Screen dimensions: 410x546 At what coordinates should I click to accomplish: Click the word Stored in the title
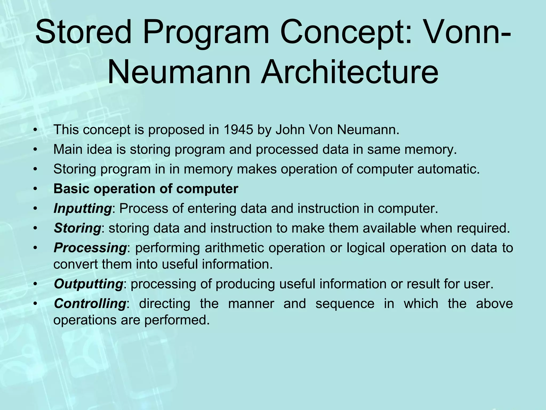point(83,33)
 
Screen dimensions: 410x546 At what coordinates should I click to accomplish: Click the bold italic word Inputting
point(82,208)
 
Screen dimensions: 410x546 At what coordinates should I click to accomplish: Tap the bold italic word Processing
point(90,248)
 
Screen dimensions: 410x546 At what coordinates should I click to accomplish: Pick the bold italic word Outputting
point(88,284)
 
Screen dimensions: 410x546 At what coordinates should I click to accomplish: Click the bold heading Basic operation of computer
point(146,189)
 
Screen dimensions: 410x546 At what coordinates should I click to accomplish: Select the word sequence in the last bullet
point(345,303)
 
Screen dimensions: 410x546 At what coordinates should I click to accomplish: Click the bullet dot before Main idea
point(35,150)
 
